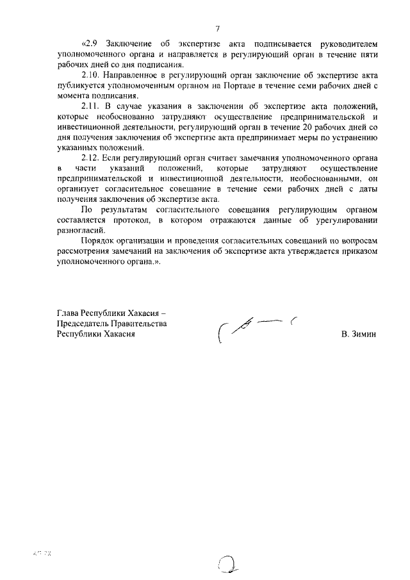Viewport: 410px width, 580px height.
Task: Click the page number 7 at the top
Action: click(217, 29)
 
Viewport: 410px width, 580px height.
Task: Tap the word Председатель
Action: click(82, 324)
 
